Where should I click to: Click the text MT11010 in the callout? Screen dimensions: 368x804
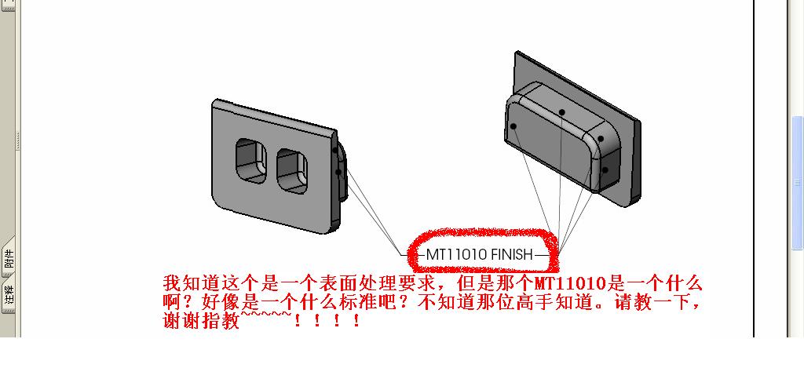[456, 254]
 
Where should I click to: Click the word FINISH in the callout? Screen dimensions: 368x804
[512, 254]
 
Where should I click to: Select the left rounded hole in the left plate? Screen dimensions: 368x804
[252, 162]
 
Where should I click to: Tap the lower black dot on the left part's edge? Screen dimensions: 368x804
[339, 172]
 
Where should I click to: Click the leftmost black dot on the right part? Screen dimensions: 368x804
[513, 126]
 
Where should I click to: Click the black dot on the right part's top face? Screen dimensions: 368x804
[563, 112]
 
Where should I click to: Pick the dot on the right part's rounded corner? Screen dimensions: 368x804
[601, 139]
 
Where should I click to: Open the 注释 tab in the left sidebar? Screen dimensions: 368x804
[9, 296]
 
